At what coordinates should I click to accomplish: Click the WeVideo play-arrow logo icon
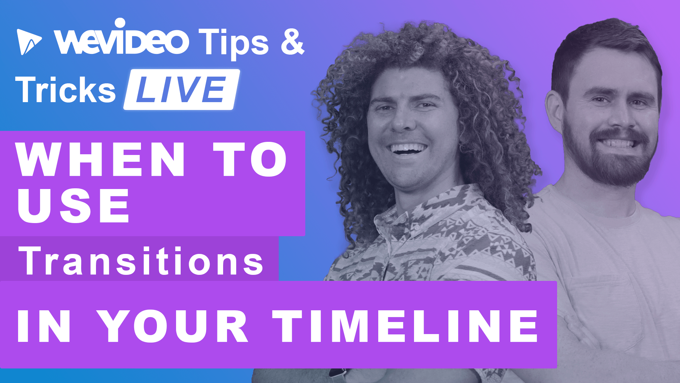pos(28,42)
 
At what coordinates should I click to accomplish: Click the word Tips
pos(233,43)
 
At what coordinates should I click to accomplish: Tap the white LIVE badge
pos(181,89)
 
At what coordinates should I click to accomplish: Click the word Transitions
pos(141,261)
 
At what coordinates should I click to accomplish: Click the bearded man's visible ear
pos(555,110)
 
